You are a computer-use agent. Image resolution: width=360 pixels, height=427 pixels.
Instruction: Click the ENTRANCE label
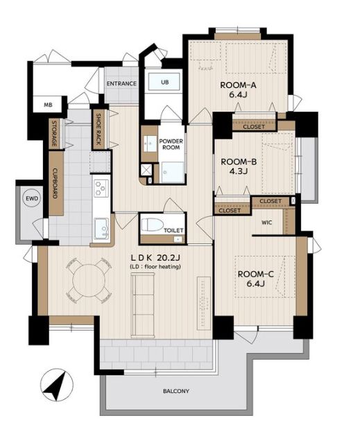(121, 84)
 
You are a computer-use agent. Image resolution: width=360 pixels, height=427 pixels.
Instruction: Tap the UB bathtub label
(164, 82)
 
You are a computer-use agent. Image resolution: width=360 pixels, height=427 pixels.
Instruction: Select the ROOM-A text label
(238, 85)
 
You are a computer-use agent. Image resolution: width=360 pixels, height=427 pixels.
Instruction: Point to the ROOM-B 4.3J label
(239, 166)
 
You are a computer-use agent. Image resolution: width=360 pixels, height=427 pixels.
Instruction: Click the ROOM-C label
(256, 274)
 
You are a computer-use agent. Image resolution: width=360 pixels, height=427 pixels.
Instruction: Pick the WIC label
(267, 223)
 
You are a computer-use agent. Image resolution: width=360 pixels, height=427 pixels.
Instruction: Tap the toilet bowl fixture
(152, 225)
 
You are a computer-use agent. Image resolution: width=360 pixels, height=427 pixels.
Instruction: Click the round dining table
(89, 280)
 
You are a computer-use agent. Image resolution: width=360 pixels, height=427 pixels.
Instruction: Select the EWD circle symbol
(32, 198)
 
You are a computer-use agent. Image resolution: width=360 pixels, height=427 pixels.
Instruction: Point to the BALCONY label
(176, 391)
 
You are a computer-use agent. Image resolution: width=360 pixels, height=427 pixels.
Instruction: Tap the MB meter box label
(49, 105)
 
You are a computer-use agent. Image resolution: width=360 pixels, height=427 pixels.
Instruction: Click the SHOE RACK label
(99, 129)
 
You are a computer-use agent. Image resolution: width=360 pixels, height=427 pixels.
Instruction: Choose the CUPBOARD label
(55, 183)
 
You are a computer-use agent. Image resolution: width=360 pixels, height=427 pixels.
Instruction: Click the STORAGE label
(54, 133)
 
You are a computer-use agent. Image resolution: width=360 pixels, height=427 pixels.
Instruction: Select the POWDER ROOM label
(171, 144)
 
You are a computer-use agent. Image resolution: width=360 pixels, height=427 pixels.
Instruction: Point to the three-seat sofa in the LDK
(143, 305)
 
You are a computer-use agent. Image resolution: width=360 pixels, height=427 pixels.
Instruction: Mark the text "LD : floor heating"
(155, 267)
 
